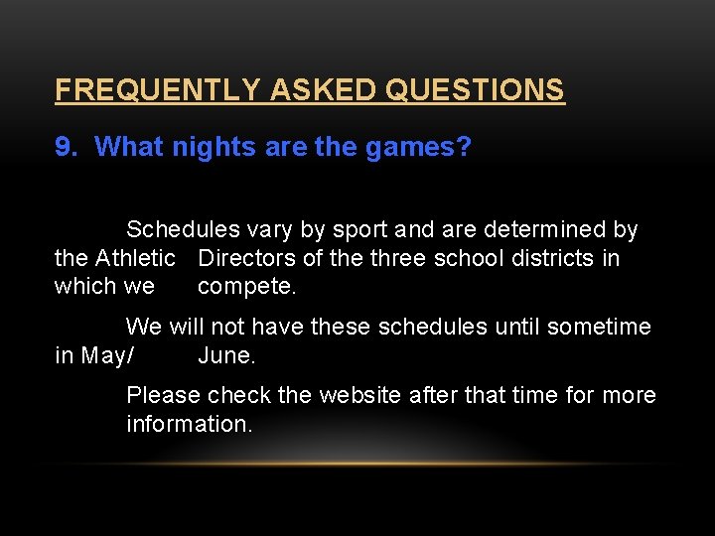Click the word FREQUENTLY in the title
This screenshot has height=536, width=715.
coord(159,90)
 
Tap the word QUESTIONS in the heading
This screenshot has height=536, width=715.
coord(475,90)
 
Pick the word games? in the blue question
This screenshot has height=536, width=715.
coord(418,148)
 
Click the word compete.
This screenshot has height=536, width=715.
coord(247,288)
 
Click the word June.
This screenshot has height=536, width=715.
coord(226,355)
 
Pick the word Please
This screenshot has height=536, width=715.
coord(163,395)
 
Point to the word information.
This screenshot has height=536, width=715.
coord(190,424)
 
